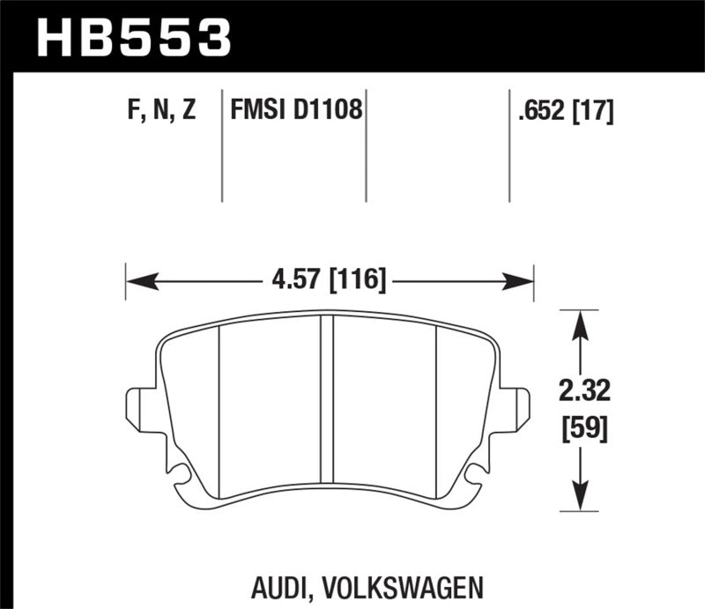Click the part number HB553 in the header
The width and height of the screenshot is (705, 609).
[132, 36]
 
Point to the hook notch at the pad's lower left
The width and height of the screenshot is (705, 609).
[181, 476]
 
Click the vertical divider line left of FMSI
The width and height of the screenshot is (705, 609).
[220, 145]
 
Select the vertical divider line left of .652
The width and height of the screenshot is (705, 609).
[510, 145]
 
